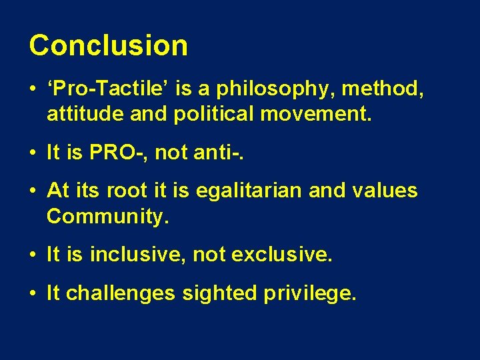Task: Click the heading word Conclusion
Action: pyautogui.click(x=108, y=45)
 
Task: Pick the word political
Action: pyautogui.click(x=214, y=114)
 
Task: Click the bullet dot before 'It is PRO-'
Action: pyautogui.click(x=33, y=153)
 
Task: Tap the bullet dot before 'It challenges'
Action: pyautogui.click(x=33, y=293)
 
